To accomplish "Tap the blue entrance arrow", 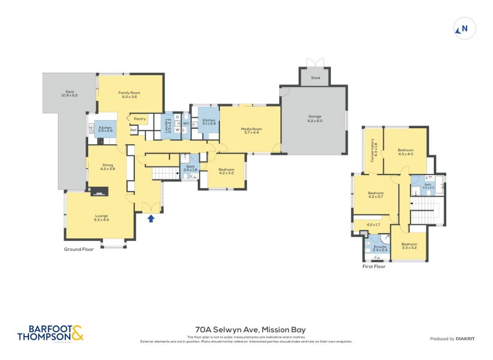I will click(x=151, y=218).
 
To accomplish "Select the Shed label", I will click(x=315, y=78).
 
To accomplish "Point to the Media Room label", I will click(x=251, y=130).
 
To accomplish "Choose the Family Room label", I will click(x=129, y=94).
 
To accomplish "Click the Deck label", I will click(x=68, y=94).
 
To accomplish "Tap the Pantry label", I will click(x=139, y=118).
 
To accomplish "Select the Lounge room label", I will click(x=101, y=217).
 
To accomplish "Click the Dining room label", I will click(x=108, y=166).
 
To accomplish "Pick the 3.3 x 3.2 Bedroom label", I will click(x=409, y=245).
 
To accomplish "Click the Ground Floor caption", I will click(x=79, y=250).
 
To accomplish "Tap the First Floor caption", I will click(x=373, y=267).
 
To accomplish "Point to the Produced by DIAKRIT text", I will click(x=455, y=339).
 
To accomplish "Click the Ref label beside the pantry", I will click(x=133, y=130).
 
